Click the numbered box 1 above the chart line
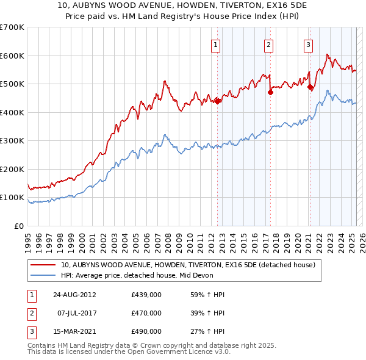pyautogui.click(x=217, y=44)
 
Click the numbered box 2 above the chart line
pyautogui.click(x=269, y=44)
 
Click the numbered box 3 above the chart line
pyautogui.click(x=308, y=44)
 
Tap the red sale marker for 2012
pyautogui.click(x=218, y=101)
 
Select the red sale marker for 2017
pyautogui.click(x=270, y=93)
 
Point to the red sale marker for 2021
pyautogui.click(x=310, y=87)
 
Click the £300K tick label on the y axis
pyautogui.click(x=13, y=140)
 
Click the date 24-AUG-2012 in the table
pyautogui.click(x=74, y=294)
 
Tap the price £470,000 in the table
pyautogui.click(x=146, y=313)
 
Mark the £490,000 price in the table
pyautogui.click(x=146, y=331)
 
